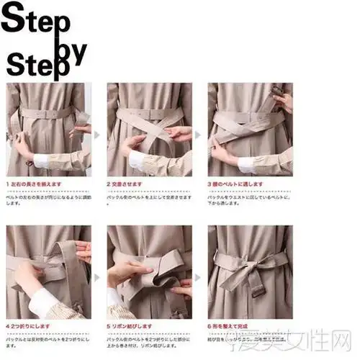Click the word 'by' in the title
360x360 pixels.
[x=71, y=50]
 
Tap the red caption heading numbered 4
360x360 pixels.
[x=27, y=325]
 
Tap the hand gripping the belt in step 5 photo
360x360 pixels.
[x=130, y=271]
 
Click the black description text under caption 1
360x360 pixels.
[x=46, y=198]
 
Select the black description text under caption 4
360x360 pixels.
[x=46, y=338]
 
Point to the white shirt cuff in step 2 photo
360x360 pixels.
[x=136, y=160]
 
